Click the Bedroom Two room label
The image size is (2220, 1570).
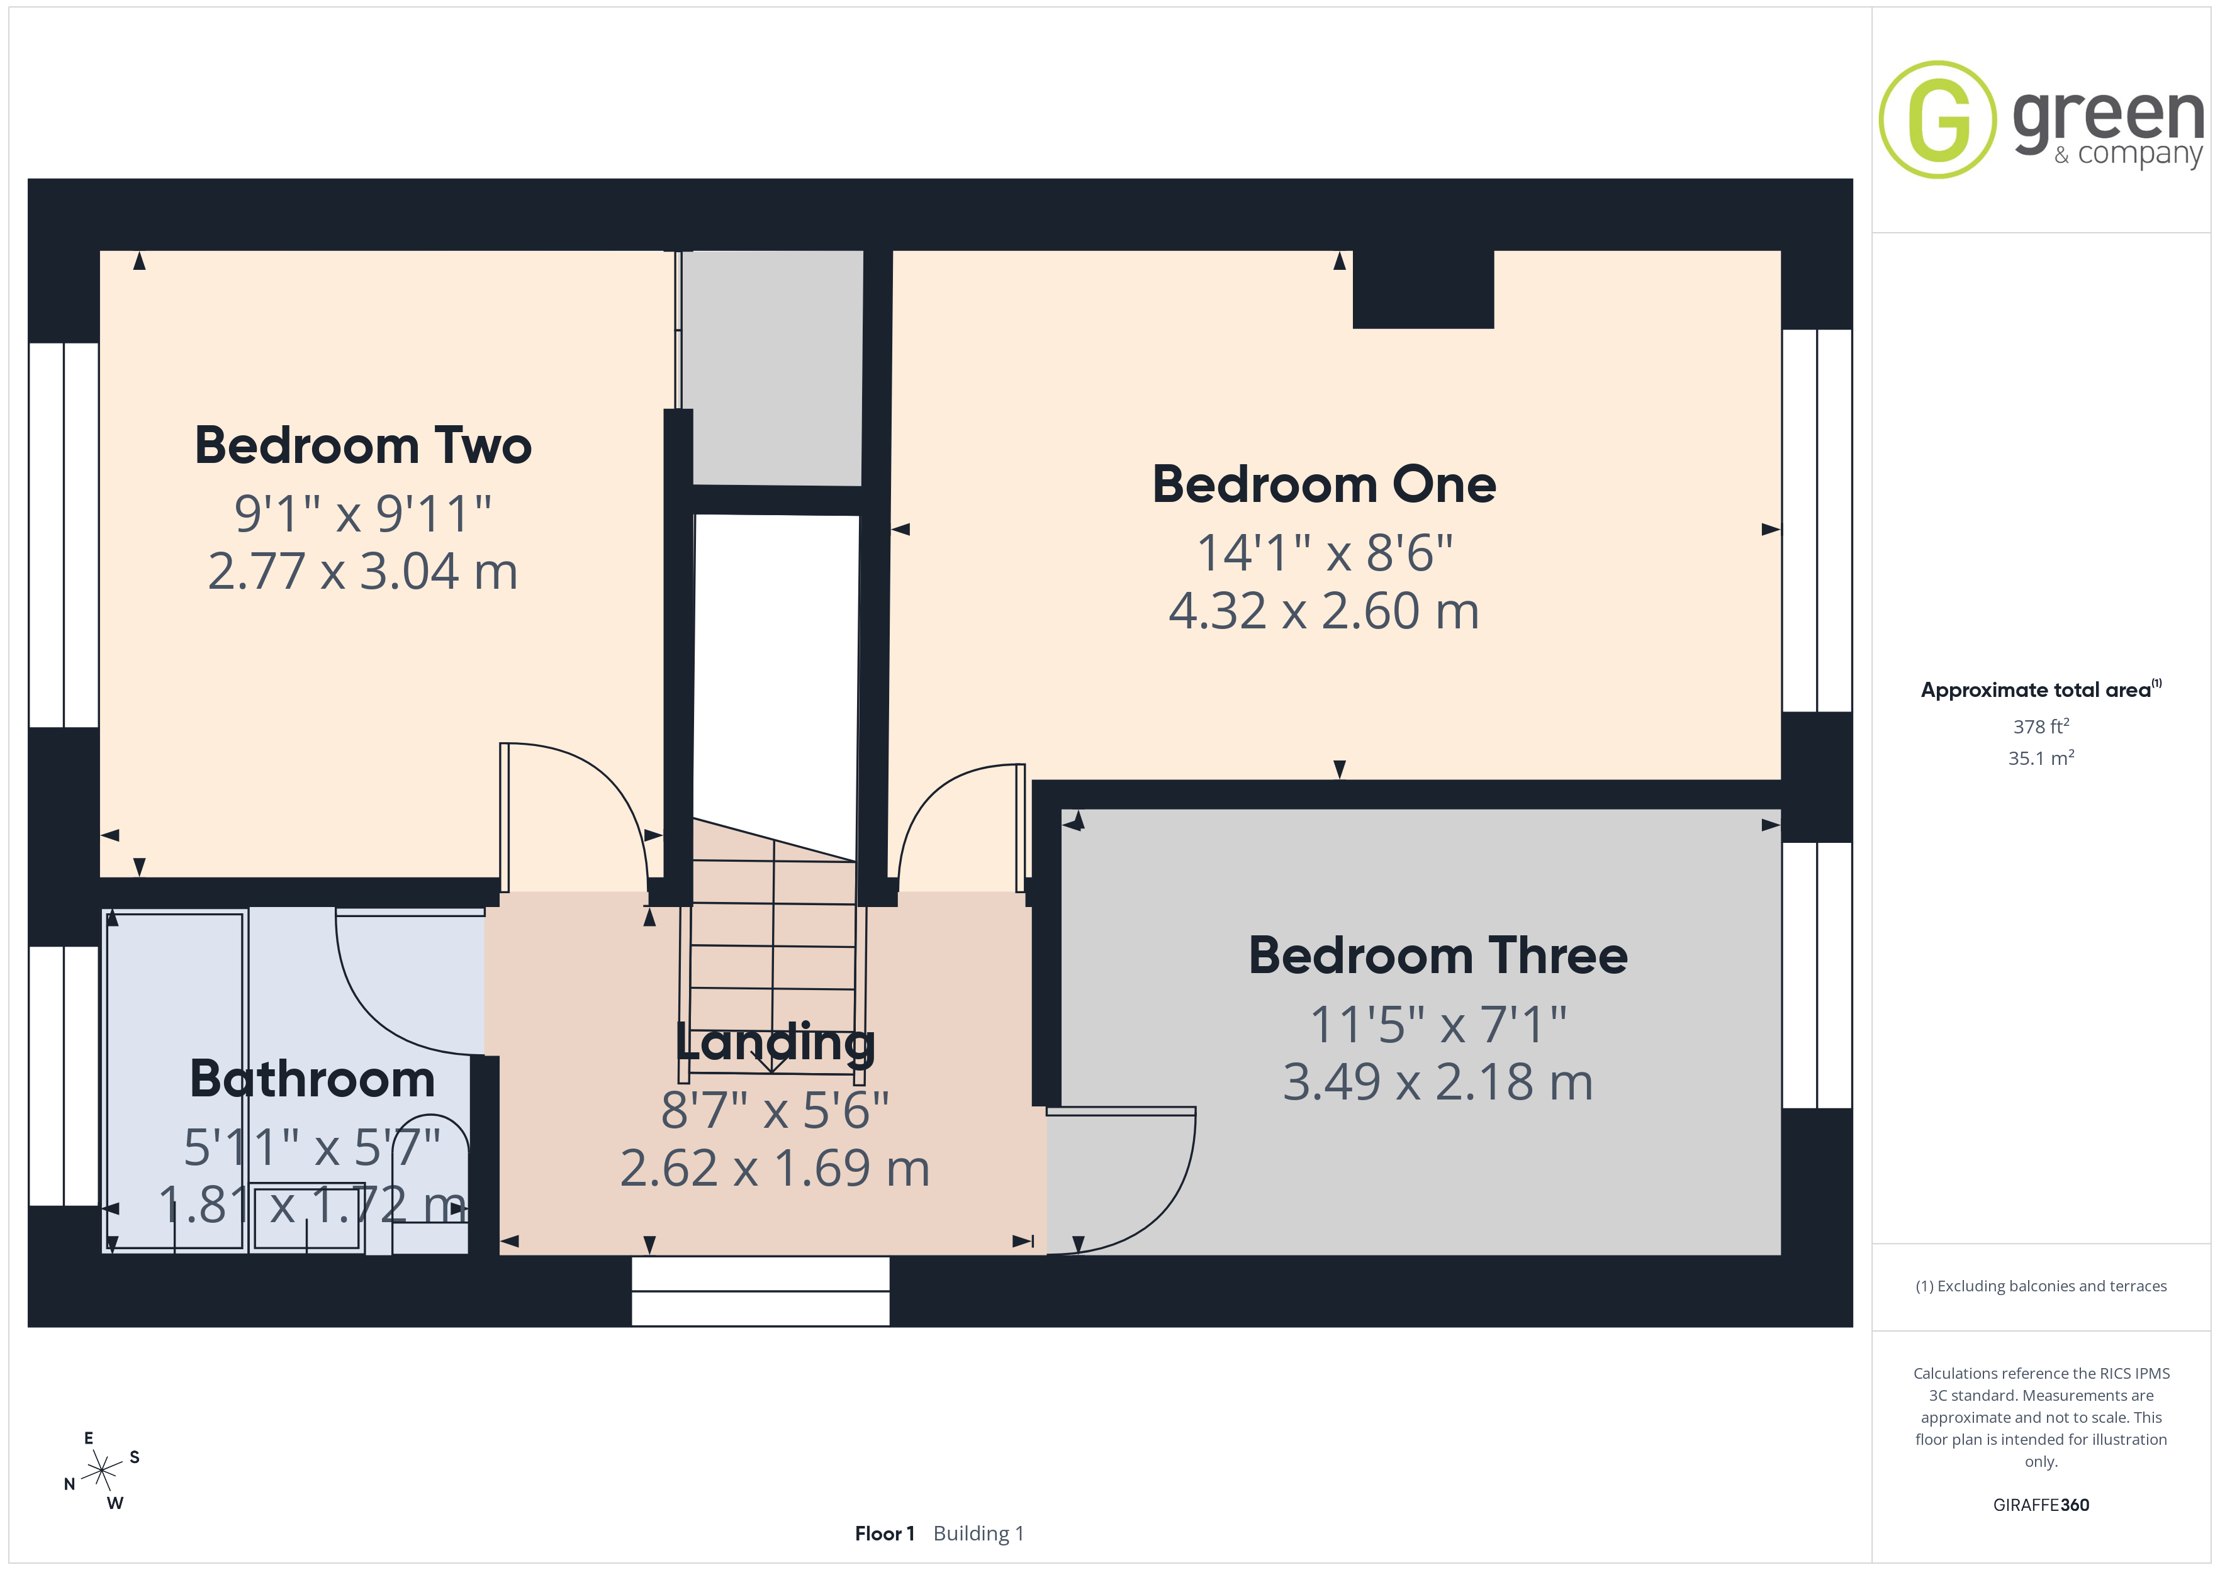[364, 446]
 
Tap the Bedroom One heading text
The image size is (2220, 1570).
[1324, 484]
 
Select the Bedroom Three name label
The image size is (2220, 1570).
[1438, 955]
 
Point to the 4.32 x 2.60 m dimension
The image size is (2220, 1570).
[1324, 611]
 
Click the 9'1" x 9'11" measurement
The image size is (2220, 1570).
[364, 513]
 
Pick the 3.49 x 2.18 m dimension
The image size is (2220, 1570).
[1438, 1082]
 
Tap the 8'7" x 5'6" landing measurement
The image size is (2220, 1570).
[775, 1110]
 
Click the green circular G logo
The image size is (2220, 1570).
[1937, 120]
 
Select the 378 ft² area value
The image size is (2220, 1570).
[2041, 726]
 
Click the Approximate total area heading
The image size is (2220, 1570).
[2040, 689]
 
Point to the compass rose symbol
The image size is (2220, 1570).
[101, 1471]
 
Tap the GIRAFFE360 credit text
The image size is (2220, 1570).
[2041, 1505]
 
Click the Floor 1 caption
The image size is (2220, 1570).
[885, 1534]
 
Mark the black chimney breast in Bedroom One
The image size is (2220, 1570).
[1423, 289]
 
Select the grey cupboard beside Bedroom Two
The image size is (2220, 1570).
[773, 367]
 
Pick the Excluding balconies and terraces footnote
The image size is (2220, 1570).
[2041, 1286]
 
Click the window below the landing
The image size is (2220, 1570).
[761, 1291]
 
